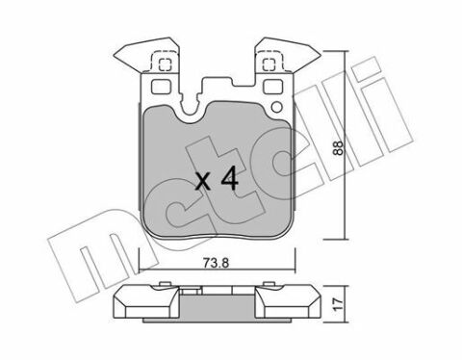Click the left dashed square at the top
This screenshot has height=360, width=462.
click(162, 65)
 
